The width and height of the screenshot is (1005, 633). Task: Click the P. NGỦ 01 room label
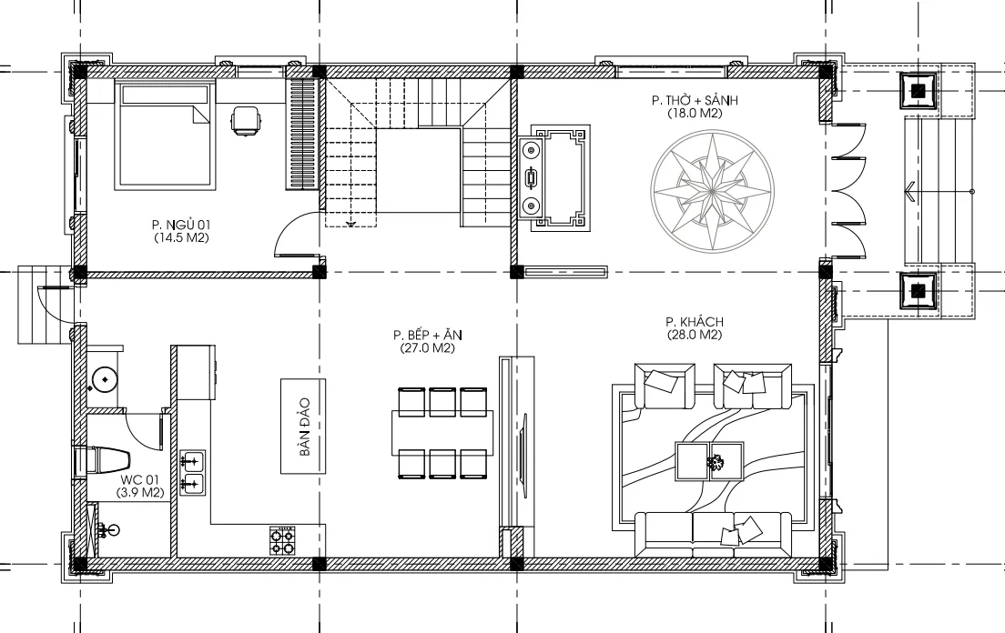point(182,224)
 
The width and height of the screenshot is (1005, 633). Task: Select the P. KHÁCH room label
point(693,322)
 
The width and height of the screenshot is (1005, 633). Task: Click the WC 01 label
point(139,479)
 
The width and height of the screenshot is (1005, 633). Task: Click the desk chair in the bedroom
point(244,122)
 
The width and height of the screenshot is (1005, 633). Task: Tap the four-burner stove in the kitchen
point(282,540)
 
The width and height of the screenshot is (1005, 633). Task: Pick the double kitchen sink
point(192,473)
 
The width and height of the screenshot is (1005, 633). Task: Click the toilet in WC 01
point(102,460)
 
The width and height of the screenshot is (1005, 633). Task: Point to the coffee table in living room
point(709,461)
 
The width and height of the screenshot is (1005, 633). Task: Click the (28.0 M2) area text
point(693,335)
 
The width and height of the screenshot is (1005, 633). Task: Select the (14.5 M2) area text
point(182,237)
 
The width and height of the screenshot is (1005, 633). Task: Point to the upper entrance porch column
point(919,89)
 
